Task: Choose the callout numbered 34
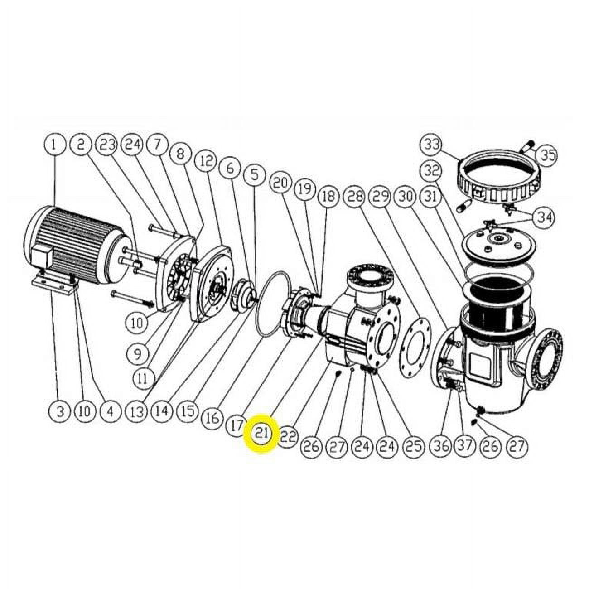point(545,218)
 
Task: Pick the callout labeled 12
point(207,161)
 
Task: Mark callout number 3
point(61,411)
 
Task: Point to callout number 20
point(280,183)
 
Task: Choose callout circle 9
point(137,355)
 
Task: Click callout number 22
point(288,436)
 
